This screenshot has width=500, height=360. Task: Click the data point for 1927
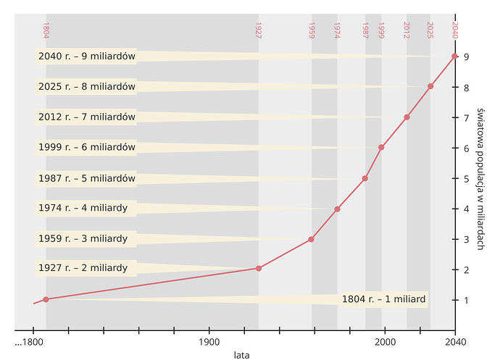tap(259, 269)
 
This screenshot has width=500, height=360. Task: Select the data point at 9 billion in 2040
tap(454, 56)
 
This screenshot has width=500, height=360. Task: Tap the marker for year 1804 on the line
tap(46, 299)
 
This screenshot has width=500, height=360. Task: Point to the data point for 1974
tap(337, 209)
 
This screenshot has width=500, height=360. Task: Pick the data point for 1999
tap(381, 147)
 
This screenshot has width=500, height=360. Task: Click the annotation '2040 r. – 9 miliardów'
tap(87, 56)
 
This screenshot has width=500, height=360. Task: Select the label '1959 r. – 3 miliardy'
tap(83, 238)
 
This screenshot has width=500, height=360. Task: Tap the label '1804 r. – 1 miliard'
tap(383, 299)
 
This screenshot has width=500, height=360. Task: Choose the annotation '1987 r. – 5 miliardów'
tap(87, 177)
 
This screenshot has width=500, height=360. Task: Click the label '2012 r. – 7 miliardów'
tap(87, 117)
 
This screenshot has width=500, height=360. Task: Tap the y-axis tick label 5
tap(467, 178)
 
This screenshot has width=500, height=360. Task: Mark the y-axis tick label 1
tap(467, 300)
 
